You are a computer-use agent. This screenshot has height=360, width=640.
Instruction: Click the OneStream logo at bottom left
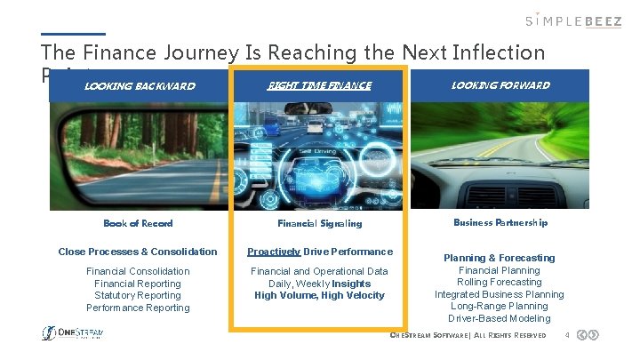pyautogui.click(x=74, y=333)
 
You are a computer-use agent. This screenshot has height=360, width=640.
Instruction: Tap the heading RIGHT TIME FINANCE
pyautogui.click(x=319, y=86)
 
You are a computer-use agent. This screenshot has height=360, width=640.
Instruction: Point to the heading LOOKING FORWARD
pyautogui.click(x=500, y=85)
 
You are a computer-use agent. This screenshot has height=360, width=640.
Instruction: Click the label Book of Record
pyautogui.click(x=138, y=224)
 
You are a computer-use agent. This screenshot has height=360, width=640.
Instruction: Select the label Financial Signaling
pyautogui.click(x=319, y=224)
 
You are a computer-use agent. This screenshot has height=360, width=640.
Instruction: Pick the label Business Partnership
pyautogui.click(x=500, y=223)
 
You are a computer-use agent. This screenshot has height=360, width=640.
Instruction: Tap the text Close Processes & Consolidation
pyautogui.click(x=138, y=252)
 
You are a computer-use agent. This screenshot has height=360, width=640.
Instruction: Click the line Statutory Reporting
pyautogui.click(x=138, y=295)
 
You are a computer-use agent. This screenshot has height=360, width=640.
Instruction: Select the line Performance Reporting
pyautogui.click(x=138, y=308)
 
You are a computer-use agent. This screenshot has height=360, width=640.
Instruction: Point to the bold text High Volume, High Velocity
pyautogui.click(x=319, y=295)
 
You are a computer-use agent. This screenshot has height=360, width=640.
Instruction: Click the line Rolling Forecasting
pyautogui.click(x=500, y=282)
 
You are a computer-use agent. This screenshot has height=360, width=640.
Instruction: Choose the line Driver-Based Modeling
pyautogui.click(x=500, y=318)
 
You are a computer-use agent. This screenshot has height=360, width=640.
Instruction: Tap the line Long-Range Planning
pyautogui.click(x=500, y=306)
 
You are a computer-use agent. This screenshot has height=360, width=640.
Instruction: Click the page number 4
pyautogui.click(x=566, y=335)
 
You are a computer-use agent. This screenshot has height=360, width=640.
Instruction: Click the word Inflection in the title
pyautogui.click(x=503, y=53)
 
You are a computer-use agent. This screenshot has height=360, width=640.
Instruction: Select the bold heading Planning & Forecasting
pyautogui.click(x=500, y=258)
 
